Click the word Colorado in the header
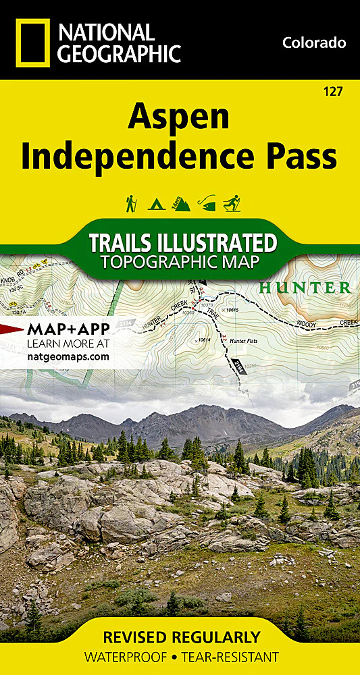314,43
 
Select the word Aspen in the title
179,119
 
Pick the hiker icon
131,203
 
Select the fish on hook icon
206,202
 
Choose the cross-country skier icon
232,203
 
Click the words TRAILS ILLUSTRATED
183,242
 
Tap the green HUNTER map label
305,288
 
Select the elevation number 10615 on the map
234,310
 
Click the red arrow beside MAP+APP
11,329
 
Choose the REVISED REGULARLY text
180,637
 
